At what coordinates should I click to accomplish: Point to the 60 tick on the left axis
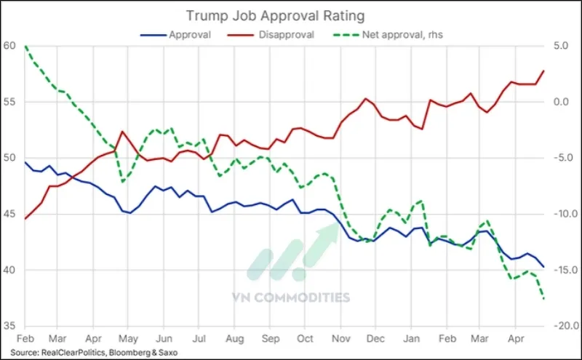click(x=10, y=46)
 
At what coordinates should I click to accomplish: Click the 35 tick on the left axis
click(x=10, y=326)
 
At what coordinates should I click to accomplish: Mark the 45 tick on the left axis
click(x=10, y=214)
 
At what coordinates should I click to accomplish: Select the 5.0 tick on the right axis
click(x=563, y=46)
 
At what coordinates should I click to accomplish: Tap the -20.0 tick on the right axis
click(x=565, y=326)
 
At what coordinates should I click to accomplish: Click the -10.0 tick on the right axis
click(x=565, y=214)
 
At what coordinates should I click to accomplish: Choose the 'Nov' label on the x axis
click(x=340, y=340)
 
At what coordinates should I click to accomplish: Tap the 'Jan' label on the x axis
click(x=411, y=340)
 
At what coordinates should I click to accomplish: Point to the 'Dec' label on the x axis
click(x=375, y=340)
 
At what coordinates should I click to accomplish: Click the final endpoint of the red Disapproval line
click(x=544, y=71)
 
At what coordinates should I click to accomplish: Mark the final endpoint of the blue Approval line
click(x=544, y=267)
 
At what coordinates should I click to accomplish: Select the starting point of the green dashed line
click(x=25, y=47)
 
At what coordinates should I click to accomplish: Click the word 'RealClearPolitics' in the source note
click(x=71, y=353)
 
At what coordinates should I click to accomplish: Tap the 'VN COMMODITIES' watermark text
click(x=291, y=297)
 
